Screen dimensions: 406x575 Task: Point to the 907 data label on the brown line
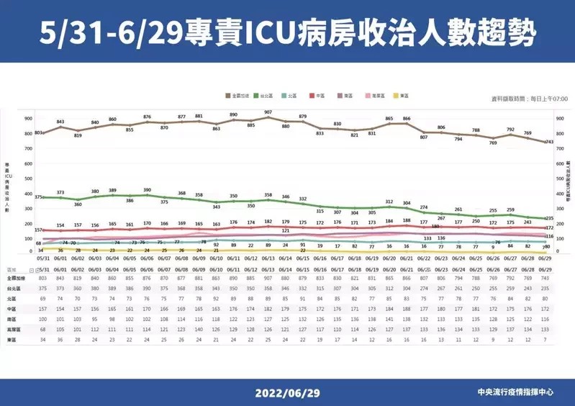pos(268,112)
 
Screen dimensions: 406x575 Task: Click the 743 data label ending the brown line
pos(550,142)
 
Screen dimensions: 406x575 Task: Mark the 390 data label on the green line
pos(147,190)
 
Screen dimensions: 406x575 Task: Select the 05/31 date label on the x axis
pos(42,258)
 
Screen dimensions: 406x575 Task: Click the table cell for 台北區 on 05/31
pos(42,287)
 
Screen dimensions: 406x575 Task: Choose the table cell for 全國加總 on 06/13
pos(268,277)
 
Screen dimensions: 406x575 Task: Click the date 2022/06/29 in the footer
pos(286,393)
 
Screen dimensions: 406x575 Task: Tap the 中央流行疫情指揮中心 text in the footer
pos(515,393)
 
